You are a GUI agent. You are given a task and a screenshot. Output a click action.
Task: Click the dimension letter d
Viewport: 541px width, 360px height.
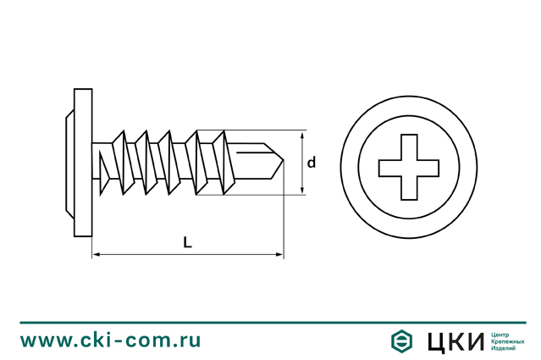[312, 163]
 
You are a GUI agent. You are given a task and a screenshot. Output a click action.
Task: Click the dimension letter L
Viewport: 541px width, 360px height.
[187, 242]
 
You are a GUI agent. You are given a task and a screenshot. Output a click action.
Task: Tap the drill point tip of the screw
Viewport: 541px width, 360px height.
[284, 160]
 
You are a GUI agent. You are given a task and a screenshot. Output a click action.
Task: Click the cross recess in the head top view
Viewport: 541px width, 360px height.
[409, 167]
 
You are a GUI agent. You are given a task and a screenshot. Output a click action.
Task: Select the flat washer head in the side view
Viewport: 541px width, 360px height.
[83, 163]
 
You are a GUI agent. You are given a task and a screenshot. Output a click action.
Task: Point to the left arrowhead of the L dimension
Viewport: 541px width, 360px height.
[97, 255]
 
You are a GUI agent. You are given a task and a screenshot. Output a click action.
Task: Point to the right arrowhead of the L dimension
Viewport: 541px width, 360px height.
[279, 255]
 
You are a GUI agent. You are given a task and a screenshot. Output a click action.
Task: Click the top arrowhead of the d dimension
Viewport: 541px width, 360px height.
[302, 135]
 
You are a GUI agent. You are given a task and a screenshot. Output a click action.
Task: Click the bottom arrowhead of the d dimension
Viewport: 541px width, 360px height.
[302, 191]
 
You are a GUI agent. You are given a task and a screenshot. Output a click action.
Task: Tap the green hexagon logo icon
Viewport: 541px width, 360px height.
[401, 341]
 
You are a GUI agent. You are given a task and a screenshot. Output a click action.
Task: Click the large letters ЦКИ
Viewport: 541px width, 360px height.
[455, 341]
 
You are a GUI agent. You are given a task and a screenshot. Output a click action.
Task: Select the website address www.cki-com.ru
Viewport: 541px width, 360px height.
[110, 341]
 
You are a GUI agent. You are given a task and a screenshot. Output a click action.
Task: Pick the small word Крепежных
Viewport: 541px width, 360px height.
[507, 341]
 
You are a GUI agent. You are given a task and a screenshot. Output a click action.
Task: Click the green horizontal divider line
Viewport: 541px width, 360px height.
[273, 323]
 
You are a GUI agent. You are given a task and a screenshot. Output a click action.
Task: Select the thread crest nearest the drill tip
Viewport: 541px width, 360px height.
[224, 163]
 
